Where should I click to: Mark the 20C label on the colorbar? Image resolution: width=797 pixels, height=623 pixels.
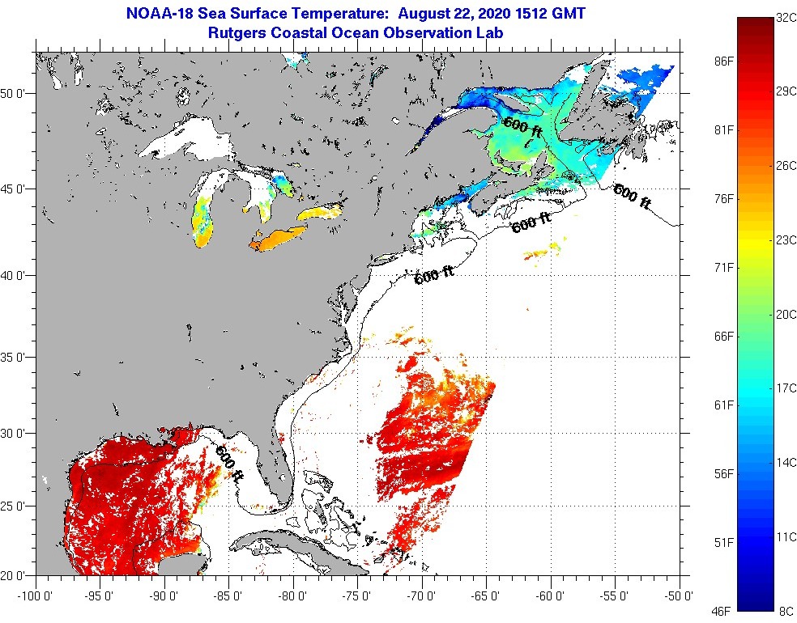784,315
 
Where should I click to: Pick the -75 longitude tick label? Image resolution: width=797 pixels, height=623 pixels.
357,597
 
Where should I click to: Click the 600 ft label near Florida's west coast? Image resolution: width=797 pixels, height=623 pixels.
228,464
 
